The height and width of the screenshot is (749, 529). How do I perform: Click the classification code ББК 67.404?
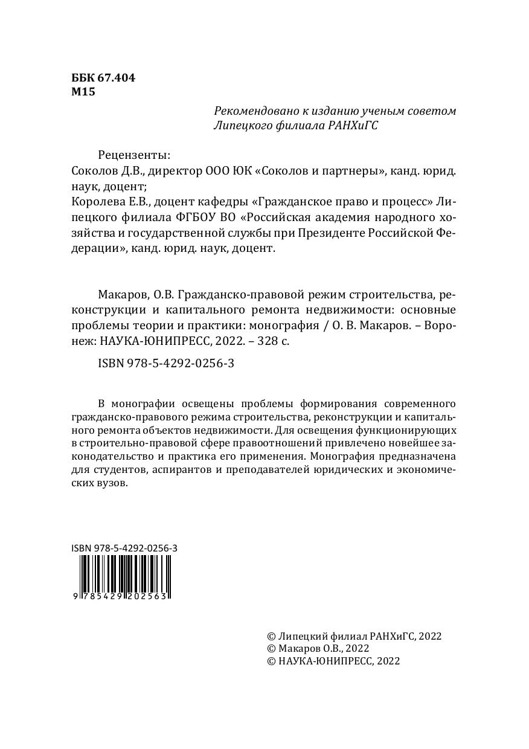click(x=103, y=78)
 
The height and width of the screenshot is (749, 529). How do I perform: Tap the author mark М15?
click(x=83, y=92)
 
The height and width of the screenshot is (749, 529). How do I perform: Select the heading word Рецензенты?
click(x=134, y=155)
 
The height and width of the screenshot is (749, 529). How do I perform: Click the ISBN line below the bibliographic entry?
click(x=165, y=364)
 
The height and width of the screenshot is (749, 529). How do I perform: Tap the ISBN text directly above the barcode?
click(x=124, y=548)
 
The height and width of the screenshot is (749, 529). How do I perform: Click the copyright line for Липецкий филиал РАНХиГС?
click(x=354, y=636)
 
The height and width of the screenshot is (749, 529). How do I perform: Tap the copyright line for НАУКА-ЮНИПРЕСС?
click(x=333, y=661)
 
